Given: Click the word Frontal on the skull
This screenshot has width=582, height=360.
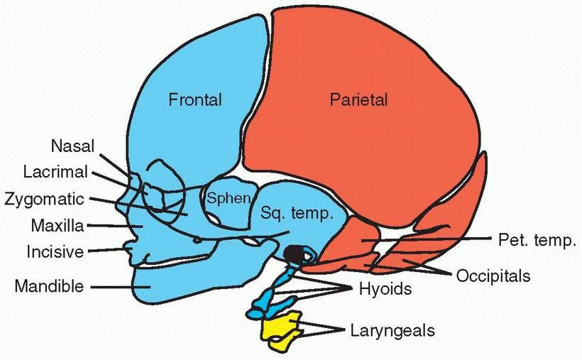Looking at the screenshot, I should (x=194, y=100).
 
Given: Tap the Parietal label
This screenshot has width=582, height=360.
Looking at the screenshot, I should (x=359, y=100).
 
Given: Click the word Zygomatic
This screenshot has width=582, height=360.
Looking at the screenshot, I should (x=53, y=198).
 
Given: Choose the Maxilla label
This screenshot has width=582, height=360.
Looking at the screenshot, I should (x=57, y=226).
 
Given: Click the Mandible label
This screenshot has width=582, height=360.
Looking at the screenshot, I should (x=49, y=286).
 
